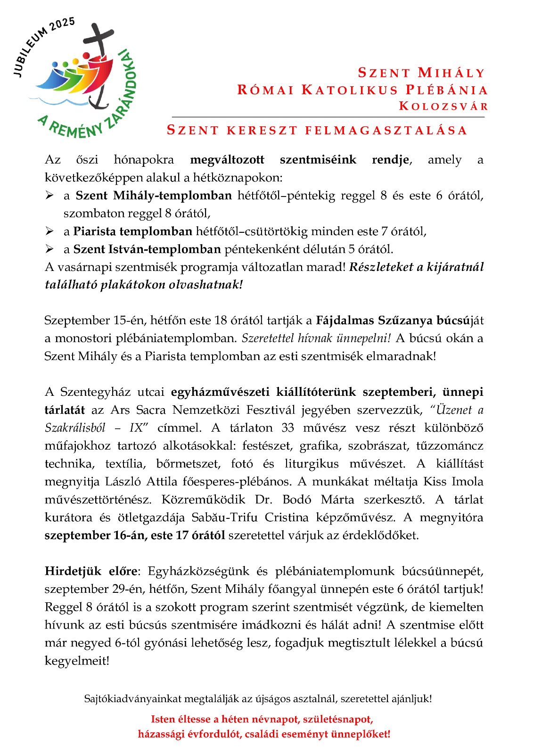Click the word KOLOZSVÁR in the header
[443, 106]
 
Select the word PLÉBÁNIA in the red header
[446, 90]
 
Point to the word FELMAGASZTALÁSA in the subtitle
[386, 131]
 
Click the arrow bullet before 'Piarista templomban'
[49, 231]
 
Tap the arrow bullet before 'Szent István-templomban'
[49, 249]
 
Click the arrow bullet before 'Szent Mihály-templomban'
[49, 195]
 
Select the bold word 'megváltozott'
[227, 160]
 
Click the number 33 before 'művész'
[287, 428]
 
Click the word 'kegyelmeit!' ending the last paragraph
[77, 661]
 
